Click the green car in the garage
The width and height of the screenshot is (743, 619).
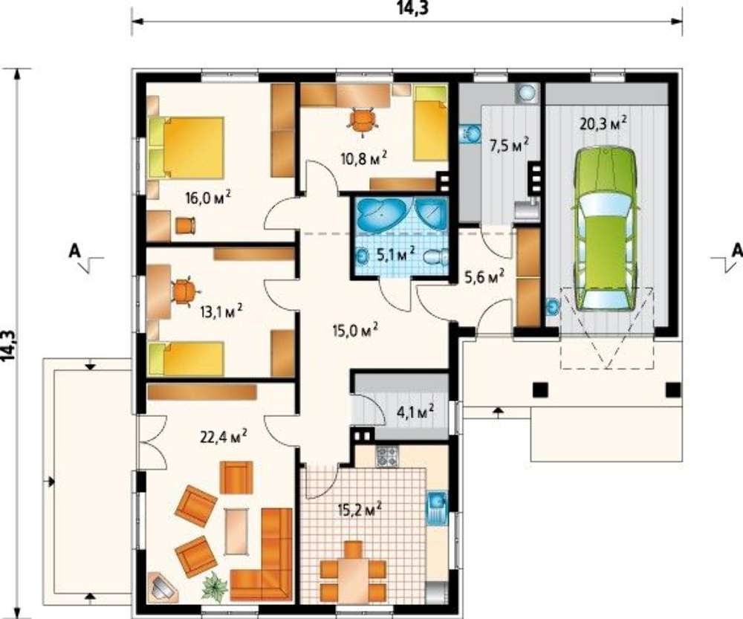click(606, 230)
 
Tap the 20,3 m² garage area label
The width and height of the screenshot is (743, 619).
click(603, 123)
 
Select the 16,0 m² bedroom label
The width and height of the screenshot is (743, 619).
click(208, 197)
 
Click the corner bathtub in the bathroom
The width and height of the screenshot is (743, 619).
click(380, 215)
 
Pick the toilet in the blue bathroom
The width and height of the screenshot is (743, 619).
click(435, 257)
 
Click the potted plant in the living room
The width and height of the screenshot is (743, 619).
click(215, 586)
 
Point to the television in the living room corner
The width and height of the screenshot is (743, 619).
click(163, 587)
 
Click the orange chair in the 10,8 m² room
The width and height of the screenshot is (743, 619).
click(363, 119)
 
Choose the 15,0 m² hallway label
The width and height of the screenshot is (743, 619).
click(354, 329)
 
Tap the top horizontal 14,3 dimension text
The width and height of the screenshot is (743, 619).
click(406, 7)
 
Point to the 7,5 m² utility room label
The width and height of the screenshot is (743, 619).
click(508, 145)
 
